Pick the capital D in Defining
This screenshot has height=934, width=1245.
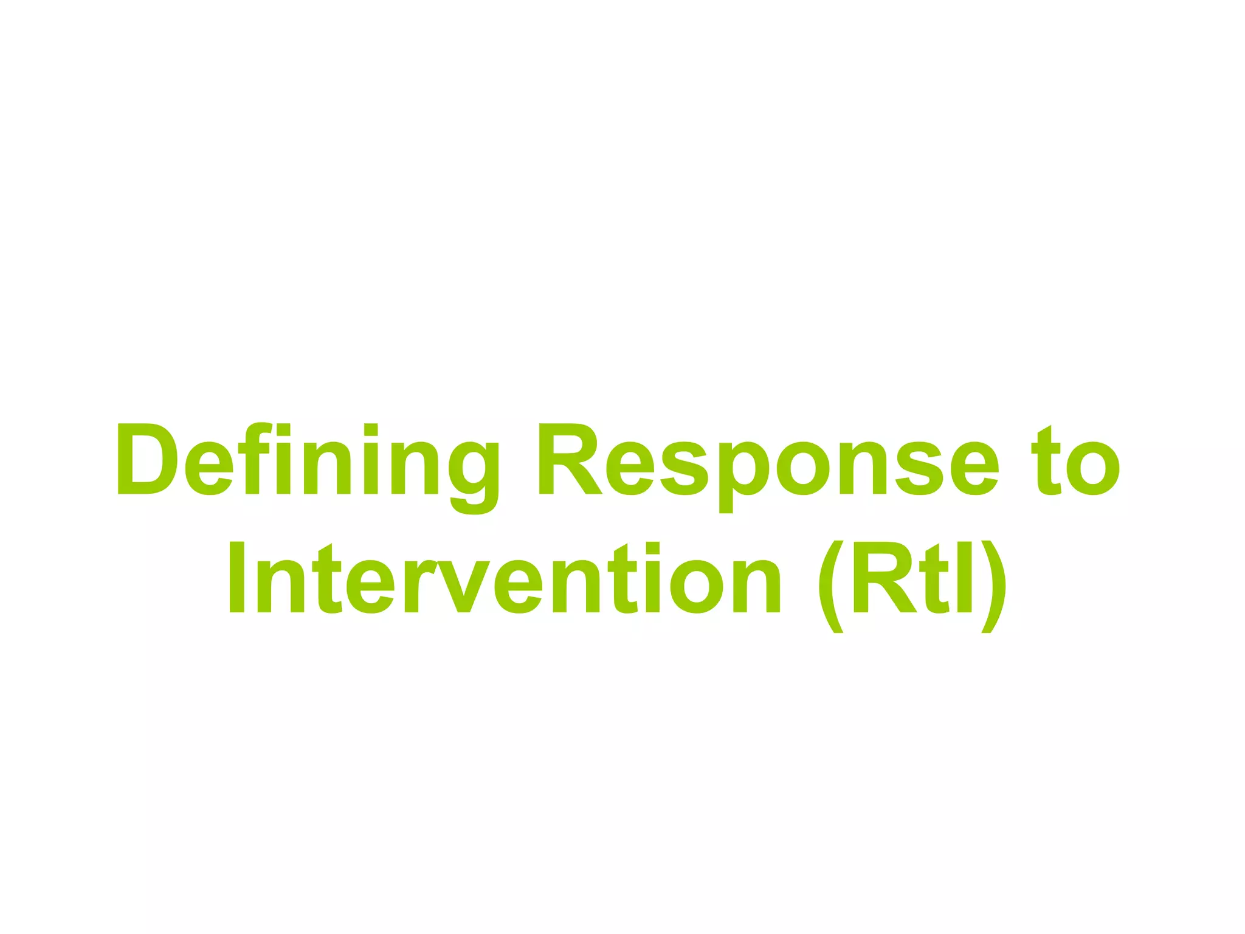[x=147, y=458]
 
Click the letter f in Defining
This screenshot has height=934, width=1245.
[x=254, y=458]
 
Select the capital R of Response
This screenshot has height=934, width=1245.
[x=568, y=458]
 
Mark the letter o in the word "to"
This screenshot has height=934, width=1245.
[x=1093, y=468]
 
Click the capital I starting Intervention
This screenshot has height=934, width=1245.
[x=236, y=577]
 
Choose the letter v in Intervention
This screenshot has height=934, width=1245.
[x=464, y=586]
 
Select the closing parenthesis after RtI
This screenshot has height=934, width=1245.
[x=993, y=586]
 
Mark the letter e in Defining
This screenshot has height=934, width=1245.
[x=209, y=468]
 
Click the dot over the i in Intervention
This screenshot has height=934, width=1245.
[x=653, y=548]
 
